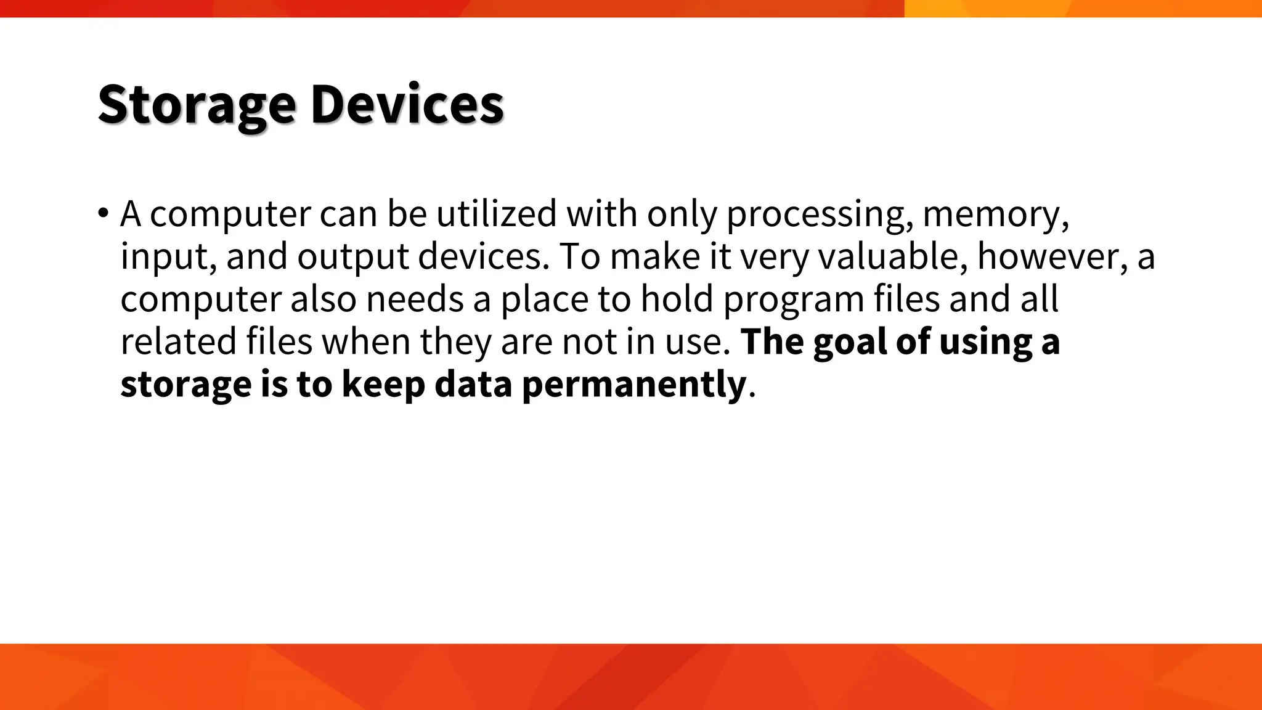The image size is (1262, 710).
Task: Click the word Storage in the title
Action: coord(197,105)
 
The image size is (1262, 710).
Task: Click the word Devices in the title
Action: coord(407,105)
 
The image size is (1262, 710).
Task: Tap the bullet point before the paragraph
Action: coord(103,214)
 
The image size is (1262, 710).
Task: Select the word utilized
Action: coord(496,214)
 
